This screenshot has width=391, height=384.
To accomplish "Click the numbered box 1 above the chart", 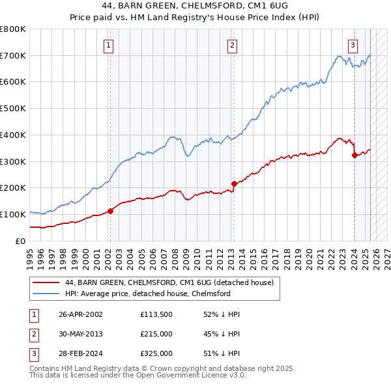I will pos(109,45).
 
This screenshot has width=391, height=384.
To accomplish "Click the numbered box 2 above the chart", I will pos(233,45).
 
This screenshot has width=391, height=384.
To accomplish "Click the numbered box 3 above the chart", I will pos(353,45).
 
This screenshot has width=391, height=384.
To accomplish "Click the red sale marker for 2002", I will pos(110,210).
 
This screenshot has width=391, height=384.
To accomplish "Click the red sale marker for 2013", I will pos(233,184).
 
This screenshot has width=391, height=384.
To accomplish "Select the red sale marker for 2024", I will pos(354,155).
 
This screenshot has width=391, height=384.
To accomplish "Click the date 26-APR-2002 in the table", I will pos(80,314).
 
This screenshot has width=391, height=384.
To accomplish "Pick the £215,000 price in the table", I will pos(156,334).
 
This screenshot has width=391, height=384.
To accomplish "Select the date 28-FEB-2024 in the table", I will pos(80,353).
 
